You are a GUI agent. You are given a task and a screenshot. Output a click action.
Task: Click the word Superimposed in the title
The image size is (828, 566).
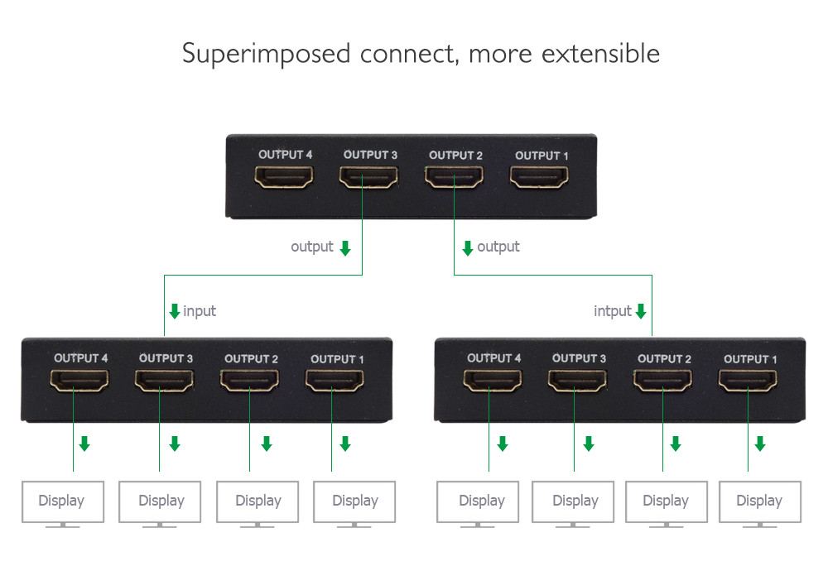pyautogui.click(x=266, y=55)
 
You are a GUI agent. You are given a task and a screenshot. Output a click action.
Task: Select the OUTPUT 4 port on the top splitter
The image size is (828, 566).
pyautogui.click(x=284, y=177)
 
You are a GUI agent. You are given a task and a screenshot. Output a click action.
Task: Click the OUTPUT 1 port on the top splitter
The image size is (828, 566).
pyautogui.click(x=539, y=177)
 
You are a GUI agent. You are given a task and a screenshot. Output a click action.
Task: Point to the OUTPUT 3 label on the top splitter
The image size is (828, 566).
pyautogui.click(x=370, y=155)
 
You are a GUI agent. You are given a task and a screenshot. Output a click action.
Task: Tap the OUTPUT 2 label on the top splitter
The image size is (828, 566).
pyautogui.click(x=455, y=156)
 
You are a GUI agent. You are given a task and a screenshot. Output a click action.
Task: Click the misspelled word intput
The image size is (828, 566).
pyautogui.click(x=613, y=311)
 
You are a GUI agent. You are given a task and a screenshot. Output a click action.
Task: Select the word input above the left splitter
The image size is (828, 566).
pyautogui.click(x=200, y=311)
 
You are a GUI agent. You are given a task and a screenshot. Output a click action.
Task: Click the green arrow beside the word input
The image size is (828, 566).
pyautogui.click(x=175, y=311)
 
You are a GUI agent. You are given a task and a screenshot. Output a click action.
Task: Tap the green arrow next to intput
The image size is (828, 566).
pyautogui.click(x=641, y=311)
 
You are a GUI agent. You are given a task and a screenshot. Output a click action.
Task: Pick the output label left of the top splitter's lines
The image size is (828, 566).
pyautogui.click(x=312, y=247)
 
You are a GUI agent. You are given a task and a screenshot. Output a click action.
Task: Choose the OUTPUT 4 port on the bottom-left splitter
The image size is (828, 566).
pyautogui.click(x=79, y=381)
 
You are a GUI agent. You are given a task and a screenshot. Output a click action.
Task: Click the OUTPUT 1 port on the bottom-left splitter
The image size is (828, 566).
pyautogui.click(x=335, y=381)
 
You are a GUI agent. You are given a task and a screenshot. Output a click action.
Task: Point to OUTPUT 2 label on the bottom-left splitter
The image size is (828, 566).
pyautogui.click(x=252, y=359)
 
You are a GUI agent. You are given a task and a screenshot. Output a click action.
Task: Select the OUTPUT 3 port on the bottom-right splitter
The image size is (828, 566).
pyautogui.click(x=578, y=381)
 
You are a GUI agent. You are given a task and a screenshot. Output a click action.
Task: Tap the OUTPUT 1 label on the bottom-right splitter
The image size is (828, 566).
pyautogui.click(x=750, y=359)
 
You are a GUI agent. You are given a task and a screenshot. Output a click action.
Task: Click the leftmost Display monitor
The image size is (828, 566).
pyautogui.click(x=63, y=504)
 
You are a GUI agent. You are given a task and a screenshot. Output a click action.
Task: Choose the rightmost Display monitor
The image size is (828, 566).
pyautogui.click(x=760, y=504)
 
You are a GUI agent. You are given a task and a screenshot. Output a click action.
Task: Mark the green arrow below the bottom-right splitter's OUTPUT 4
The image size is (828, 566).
pyautogui.click(x=503, y=444)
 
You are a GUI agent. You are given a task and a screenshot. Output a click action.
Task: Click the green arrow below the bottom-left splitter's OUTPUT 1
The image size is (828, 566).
pyautogui.click(x=345, y=444)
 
